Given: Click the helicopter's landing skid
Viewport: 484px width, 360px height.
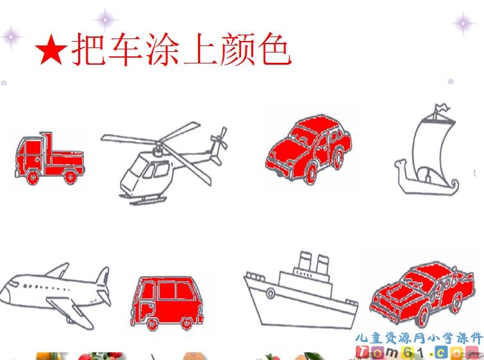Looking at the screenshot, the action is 145,200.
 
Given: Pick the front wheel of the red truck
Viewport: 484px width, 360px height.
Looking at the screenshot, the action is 33,177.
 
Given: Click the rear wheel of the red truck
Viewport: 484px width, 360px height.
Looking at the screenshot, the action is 71,177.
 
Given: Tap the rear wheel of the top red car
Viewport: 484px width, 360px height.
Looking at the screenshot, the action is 338,158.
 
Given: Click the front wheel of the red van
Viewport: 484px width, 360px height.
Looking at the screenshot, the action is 152,324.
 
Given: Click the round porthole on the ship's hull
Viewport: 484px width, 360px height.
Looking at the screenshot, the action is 271,293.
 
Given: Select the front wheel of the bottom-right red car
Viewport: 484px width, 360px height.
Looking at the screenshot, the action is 424,316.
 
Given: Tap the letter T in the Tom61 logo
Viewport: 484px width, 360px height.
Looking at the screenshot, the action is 362,352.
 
